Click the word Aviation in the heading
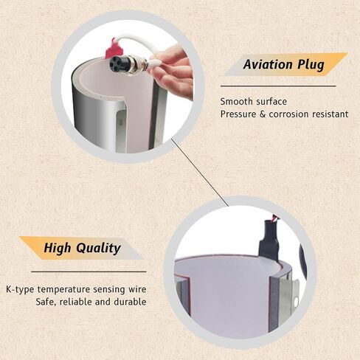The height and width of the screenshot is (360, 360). pyautogui.click(x=268, y=64)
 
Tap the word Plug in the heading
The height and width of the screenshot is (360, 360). pyautogui.click(x=311, y=65)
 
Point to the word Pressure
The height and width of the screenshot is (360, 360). pyautogui.click(x=238, y=114)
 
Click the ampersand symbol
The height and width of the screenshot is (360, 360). pyautogui.click(x=263, y=114)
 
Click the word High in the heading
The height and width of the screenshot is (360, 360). pyautogui.click(x=58, y=248)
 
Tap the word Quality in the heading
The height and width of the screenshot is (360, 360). pyautogui.click(x=98, y=248)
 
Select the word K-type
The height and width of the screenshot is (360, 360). pyautogui.click(x=20, y=289)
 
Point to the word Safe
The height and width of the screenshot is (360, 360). pyautogui.click(x=46, y=302)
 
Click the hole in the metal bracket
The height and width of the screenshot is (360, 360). pyautogui.click(x=296, y=300)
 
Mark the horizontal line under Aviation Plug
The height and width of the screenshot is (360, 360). pyautogui.click(x=278, y=86)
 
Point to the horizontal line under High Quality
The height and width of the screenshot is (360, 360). pyautogui.click(x=89, y=271)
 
